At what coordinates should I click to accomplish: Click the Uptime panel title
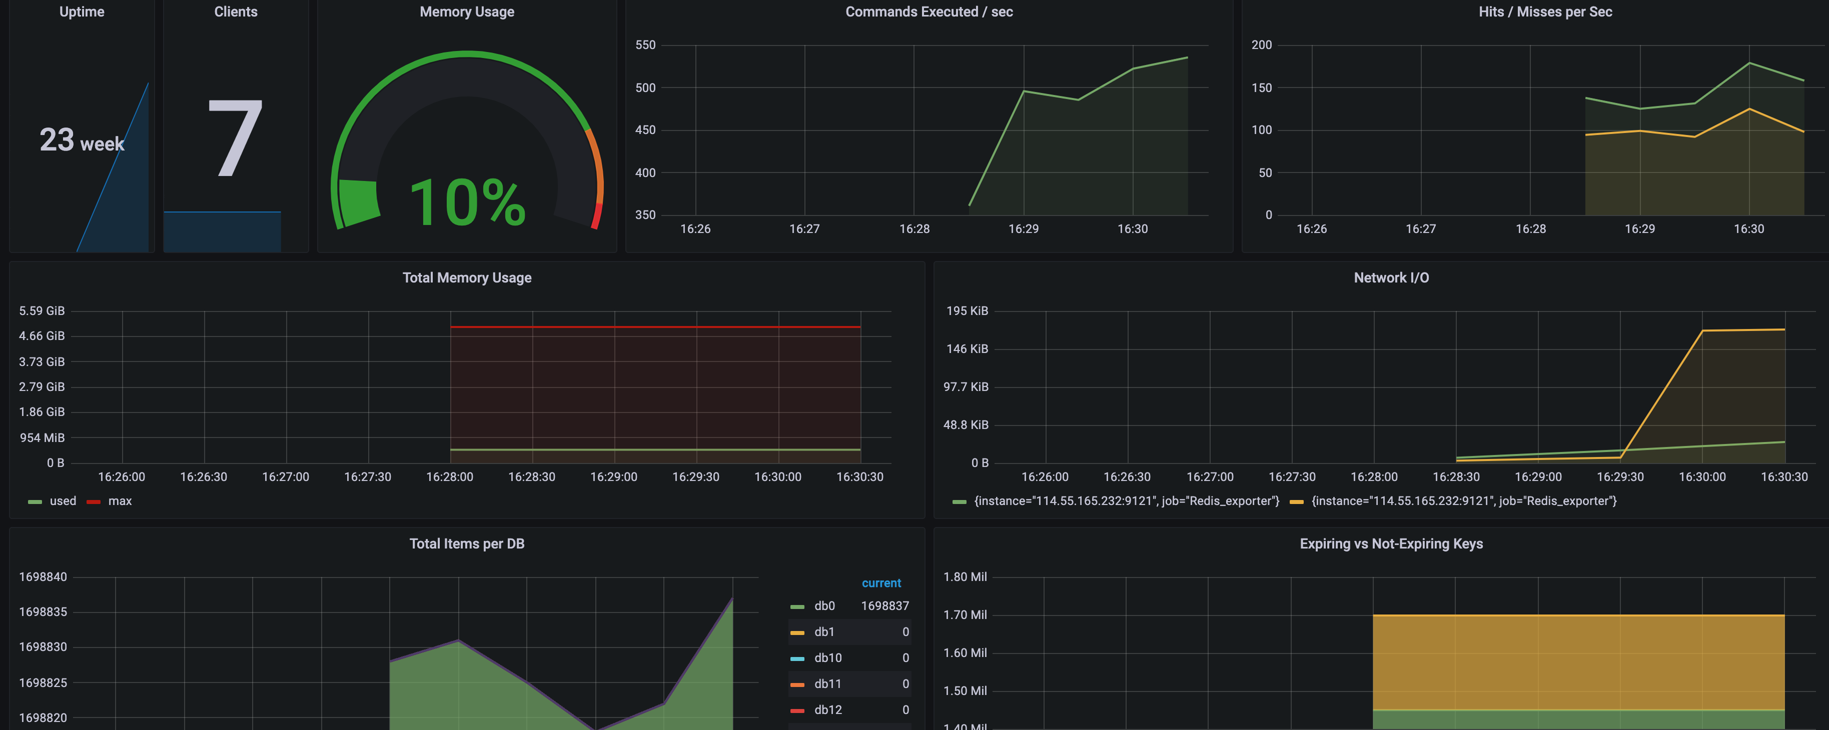[82, 12]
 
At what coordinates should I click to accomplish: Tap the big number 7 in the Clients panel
[236, 137]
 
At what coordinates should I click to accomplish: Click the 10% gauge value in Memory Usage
[467, 203]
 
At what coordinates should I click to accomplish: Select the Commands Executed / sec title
[929, 12]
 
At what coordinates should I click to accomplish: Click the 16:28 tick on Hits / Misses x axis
[1530, 229]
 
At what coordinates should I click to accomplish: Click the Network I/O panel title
[1391, 278]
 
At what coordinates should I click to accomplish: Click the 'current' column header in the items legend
[881, 583]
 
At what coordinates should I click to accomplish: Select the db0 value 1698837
[884, 606]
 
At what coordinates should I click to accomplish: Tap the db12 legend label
[828, 710]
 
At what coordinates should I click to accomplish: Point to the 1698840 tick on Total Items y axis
[43, 577]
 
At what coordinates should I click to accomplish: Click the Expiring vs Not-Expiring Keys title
[1391, 544]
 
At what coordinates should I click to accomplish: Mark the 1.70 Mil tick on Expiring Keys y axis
[965, 615]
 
